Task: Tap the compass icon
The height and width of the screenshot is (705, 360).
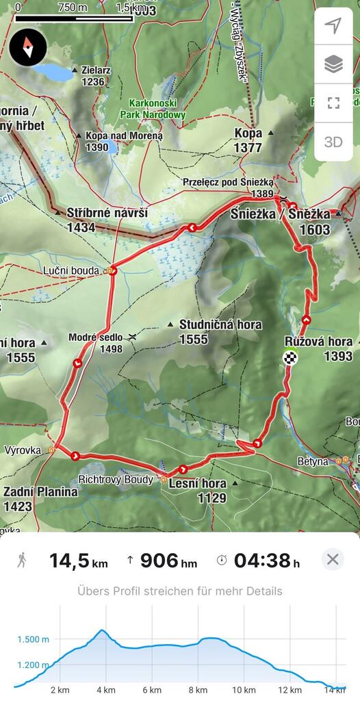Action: click(28, 47)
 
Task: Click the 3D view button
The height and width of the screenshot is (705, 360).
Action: click(333, 142)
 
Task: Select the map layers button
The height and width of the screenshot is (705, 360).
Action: click(333, 64)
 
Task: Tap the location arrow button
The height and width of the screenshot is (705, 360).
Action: click(333, 26)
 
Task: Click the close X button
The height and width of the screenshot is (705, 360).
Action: click(333, 560)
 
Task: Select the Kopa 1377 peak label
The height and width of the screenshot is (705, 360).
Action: click(248, 140)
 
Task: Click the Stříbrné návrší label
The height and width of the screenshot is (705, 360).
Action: click(107, 214)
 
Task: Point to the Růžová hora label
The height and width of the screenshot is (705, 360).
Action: click(318, 342)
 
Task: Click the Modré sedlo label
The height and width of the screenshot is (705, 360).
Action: click(95, 337)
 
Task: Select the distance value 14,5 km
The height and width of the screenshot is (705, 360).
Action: click(78, 561)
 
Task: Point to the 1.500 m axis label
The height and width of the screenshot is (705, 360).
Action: click(33, 639)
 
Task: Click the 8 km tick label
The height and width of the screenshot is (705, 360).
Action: click(197, 690)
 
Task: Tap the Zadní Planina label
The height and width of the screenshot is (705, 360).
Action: click(40, 491)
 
